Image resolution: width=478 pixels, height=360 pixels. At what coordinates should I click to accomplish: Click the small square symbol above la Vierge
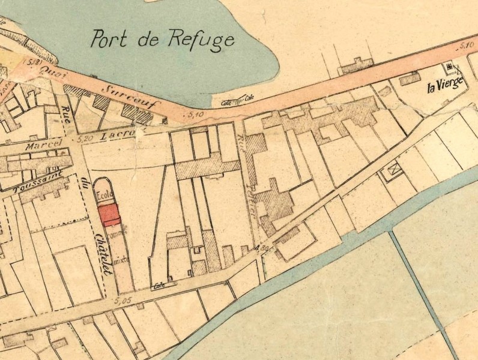click(x=447, y=67)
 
